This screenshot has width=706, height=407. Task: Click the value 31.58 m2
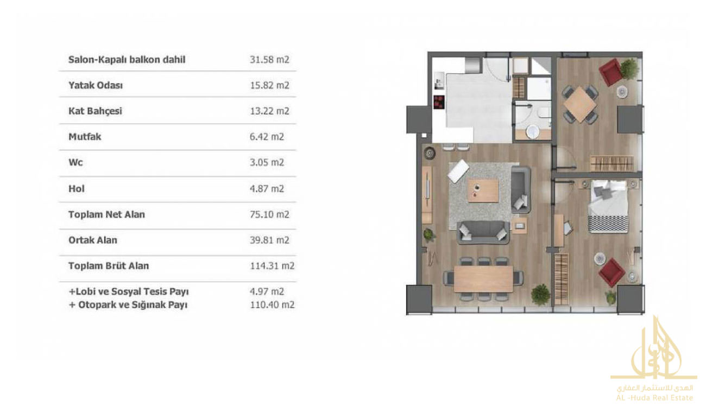[269, 60]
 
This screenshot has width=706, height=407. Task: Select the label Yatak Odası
[96, 85]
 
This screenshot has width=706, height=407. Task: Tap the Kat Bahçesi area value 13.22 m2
[269, 111]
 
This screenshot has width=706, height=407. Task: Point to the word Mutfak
[85, 137]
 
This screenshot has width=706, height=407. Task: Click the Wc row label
[75, 163]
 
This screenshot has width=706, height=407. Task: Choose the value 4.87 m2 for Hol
[267, 189]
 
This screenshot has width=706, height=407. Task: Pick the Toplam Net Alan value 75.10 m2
[269, 214]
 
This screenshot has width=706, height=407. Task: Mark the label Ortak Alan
[93, 240]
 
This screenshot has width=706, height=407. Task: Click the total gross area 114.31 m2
[272, 266]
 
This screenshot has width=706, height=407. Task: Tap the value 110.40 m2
[272, 305]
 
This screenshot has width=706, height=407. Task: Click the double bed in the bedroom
[608, 206]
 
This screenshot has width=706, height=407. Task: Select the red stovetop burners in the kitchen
[439, 102]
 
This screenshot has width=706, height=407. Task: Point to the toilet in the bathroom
[545, 112]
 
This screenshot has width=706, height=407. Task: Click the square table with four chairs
[580, 105]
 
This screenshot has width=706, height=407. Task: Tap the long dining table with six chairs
[483, 279]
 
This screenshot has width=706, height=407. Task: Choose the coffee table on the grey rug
[483, 190]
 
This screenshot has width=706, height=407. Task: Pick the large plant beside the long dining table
[540, 295]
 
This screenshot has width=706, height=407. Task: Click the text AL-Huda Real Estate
[654, 398]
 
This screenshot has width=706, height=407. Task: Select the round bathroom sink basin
[533, 132]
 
